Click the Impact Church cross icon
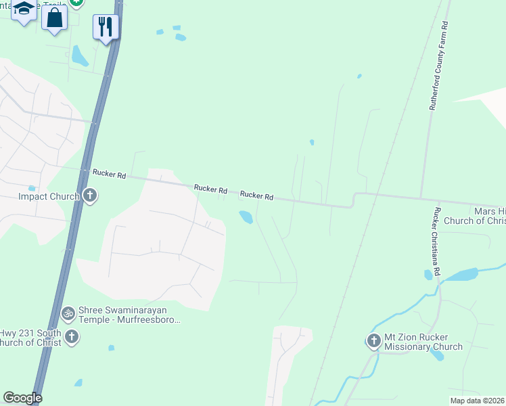point(90,196)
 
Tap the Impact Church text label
point(49,197)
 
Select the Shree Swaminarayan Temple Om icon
point(68,313)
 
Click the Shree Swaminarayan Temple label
point(129,314)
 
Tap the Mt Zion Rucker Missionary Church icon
point(374,341)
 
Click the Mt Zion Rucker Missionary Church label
point(423,342)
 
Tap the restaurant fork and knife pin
point(106,26)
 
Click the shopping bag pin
point(54,17)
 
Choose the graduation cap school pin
point(24,9)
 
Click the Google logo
point(22,398)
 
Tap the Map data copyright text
point(477,400)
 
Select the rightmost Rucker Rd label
point(256,196)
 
